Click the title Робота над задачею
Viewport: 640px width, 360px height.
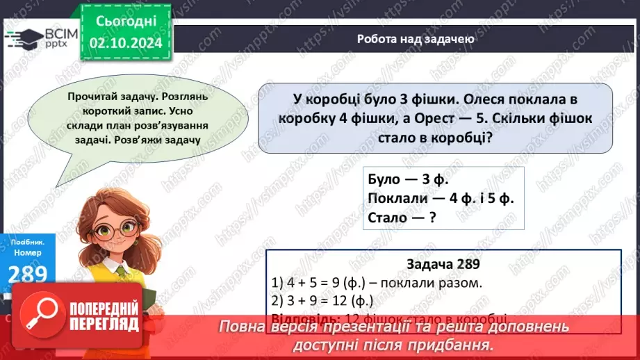[416, 39]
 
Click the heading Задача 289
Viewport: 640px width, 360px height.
[443, 265]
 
